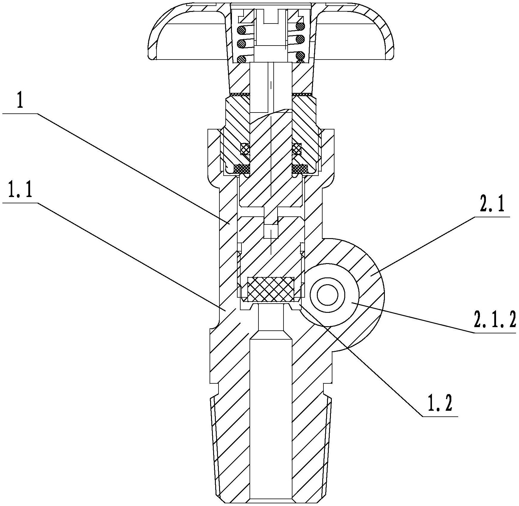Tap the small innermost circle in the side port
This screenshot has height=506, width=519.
click(x=327, y=296)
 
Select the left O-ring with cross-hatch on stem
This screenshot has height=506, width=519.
click(x=245, y=148)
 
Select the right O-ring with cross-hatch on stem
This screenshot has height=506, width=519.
click(x=297, y=148)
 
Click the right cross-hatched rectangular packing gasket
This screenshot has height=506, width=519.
click(x=300, y=169)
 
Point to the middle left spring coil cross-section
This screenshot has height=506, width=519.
click(x=241, y=43)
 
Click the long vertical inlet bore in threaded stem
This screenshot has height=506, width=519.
click(x=271, y=417)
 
